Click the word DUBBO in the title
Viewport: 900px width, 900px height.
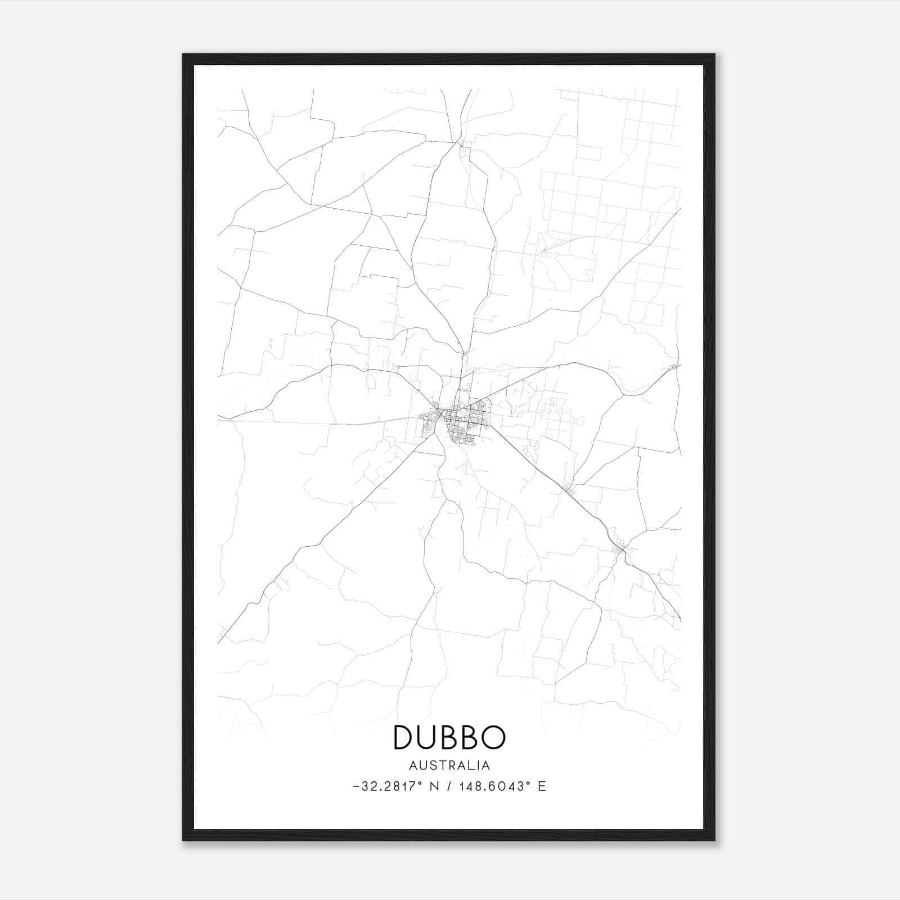point(449,737)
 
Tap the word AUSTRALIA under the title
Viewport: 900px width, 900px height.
point(449,766)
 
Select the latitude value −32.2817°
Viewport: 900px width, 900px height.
point(389,786)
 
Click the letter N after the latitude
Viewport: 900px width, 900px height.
point(434,786)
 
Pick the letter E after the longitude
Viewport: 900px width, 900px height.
point(542,786)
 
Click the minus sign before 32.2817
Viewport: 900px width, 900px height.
point(356,786)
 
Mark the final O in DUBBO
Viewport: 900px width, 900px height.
point(493,737)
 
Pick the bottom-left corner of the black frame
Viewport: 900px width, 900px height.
point(183,840)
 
